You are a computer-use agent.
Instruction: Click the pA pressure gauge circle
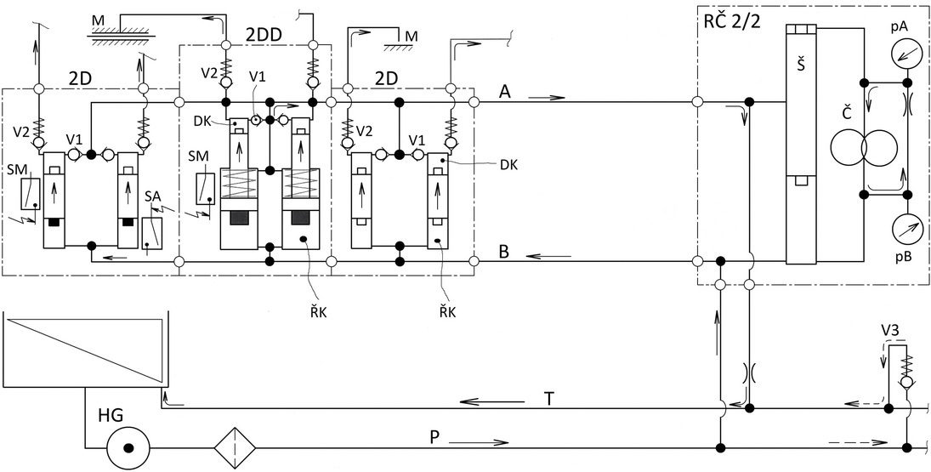[x=906, y=55]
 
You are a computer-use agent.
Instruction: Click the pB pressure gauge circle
[x=906, y=228]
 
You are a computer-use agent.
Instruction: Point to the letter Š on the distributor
[x=800, y=65]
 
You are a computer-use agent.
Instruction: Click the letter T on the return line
[x=550, y=399]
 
